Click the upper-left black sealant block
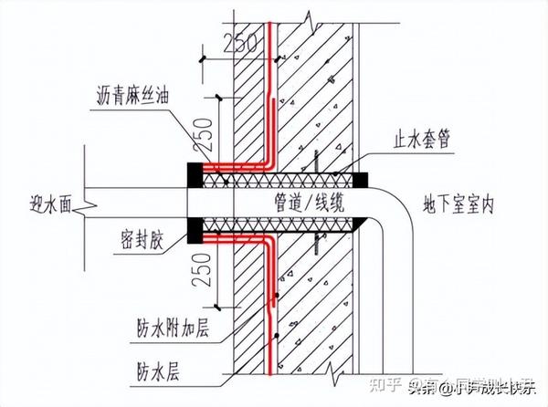[x=195, y=172]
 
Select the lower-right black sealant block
[x=362, y=223]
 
